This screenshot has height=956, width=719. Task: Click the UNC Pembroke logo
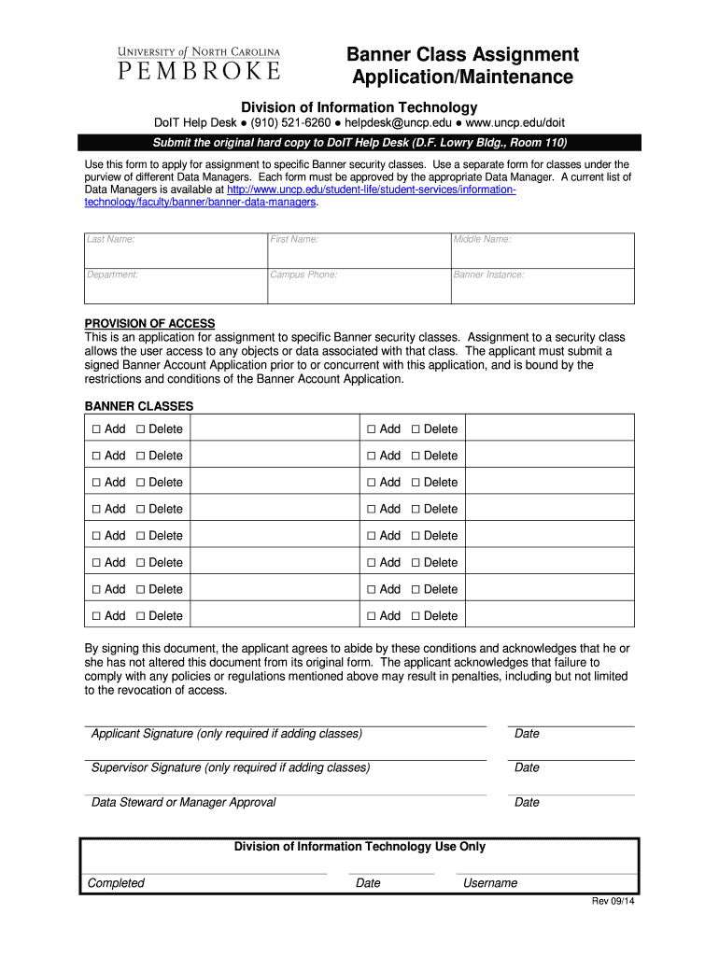[198, 63]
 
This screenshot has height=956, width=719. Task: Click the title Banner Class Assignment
[463, 55]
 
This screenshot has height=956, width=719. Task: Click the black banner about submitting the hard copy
[359, 143]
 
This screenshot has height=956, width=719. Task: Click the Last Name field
[176, 250]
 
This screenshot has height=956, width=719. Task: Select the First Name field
[359, 250]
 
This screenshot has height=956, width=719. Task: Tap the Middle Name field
[542, 250]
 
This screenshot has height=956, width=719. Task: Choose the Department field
[176, 286]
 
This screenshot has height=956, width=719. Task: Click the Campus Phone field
[359, 286]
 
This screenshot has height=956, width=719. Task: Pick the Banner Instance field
[542, 286]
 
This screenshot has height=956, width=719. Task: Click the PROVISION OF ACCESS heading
[149, 324]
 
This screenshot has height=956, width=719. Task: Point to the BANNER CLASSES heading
[139, 407]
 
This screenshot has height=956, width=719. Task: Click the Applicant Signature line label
[226, 734]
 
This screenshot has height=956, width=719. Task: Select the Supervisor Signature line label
[230, 767]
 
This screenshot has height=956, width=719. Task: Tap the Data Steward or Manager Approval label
[183, 802]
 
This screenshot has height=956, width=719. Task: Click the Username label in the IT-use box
[490, 883]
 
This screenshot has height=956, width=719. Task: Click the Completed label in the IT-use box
[116, 883]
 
